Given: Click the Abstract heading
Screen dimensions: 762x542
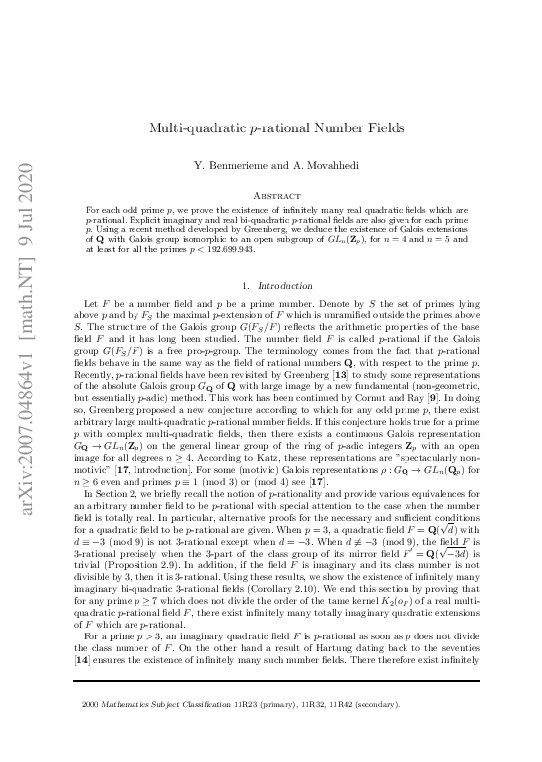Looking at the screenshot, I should (x=271, y=197).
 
